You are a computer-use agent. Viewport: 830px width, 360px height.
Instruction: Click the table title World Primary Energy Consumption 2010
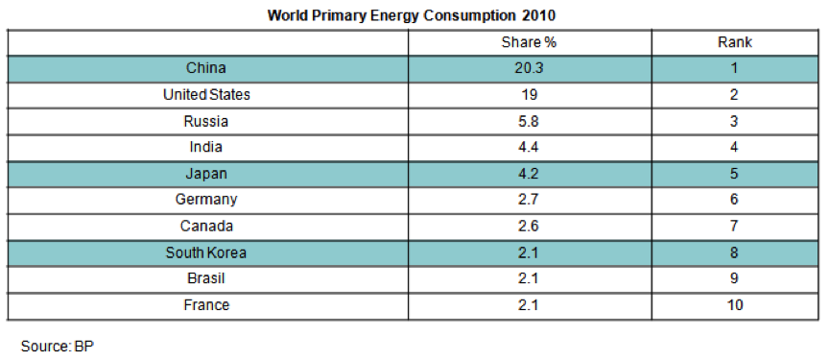pyautogui.click(x=412, y=15)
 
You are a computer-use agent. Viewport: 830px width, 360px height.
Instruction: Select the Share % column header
pyautogui.click(x=529, y=42)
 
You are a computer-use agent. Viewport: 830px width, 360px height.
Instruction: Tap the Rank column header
pyautogui.click(x=735, y=42)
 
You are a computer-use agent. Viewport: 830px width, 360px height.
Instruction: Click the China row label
pyautogui.click(x=206, y=68)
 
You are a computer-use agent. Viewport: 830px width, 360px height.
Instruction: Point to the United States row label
pyautogui.click(x=206, y=95)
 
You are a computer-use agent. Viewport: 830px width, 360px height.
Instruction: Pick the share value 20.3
pyautogui.click(x=529, y=68)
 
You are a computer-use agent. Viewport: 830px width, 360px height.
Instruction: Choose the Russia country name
pyautogui.click(x=206, y=121)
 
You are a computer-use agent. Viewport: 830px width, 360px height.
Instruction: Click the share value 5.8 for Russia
pyautogui.click(x=529, y=121)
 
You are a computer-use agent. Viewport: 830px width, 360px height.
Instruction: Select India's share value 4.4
pyautogui.click(x=529, y=147)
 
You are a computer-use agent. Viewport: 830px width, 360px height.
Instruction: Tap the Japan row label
pyautogui.click(x=206, y=174)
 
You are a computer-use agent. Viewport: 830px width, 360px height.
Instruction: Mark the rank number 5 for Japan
pyautogui.click(x=734, y=174)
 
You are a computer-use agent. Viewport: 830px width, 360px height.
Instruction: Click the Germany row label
pyautogui.click(x=206, y=200)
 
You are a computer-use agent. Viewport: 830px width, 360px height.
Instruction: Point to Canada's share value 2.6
pyautogui.click(x=529, y=226)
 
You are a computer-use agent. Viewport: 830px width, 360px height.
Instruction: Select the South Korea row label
pyautogui.click(x=206, y=252)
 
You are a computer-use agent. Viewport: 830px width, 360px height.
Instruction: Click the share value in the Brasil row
pyautogui.click(x=529, y=278)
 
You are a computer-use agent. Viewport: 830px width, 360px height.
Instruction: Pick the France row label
pyautogui.click(x=206, y=305)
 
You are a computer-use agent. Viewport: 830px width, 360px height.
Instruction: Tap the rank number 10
pyautogui.click(x=735, y=305)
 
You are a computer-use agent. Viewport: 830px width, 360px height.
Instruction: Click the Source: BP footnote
pyautogui.click(x=58, y=347)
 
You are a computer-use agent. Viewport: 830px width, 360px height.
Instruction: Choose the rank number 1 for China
pyautogui.click(x=734, y=68)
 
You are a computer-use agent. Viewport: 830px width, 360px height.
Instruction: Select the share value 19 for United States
pyautogui.click(x=529, y=95)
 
